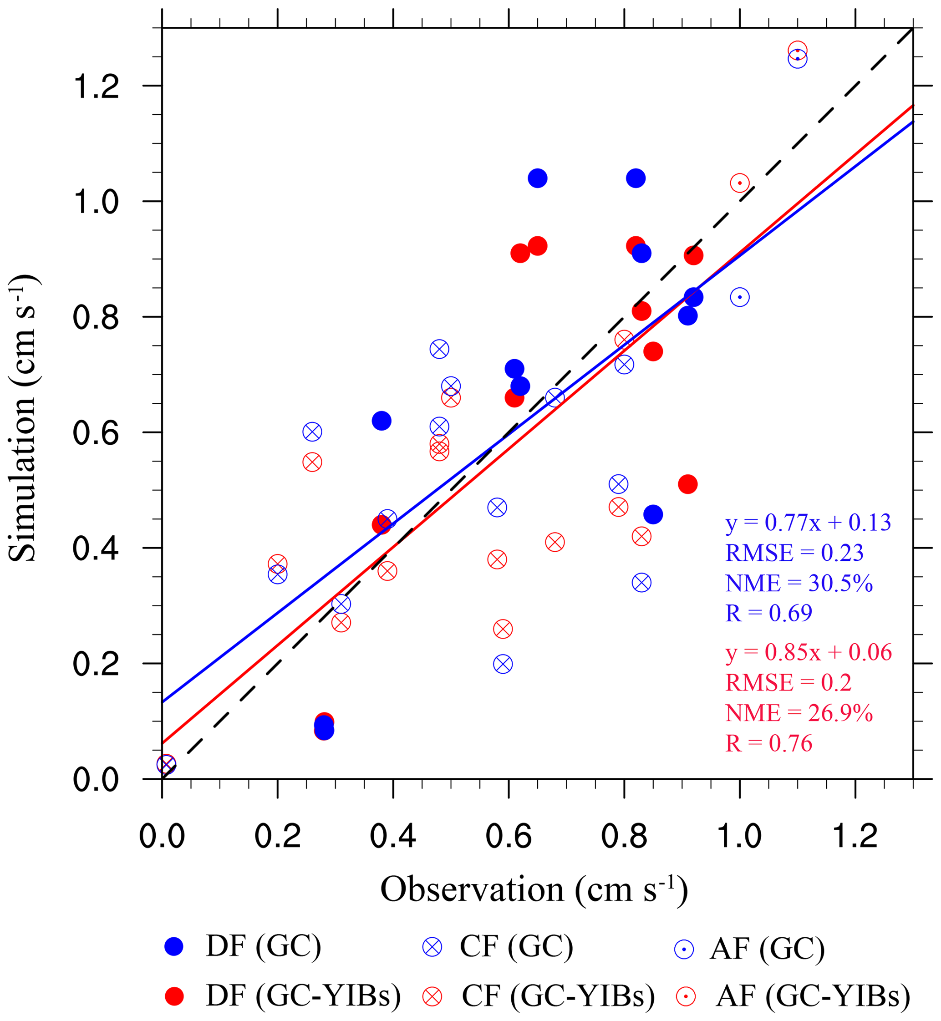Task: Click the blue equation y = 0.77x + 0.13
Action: [x=808, y=523]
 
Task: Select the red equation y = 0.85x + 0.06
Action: [x=808, y=653]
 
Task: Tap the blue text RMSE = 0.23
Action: [x=794, y=553]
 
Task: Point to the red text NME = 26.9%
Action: [x=799, y=713]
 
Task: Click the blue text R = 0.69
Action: [x=768, y=613]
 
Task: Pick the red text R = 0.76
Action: [x=768, y=743]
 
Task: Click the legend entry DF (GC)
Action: [x=243, y=947]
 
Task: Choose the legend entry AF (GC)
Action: [x=749, y=949]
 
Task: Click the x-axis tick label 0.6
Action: [x=508, y=836]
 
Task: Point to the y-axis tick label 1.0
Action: [x=96, y=202]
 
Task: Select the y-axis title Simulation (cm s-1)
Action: [x=23, y=417]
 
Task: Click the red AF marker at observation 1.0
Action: [x=739, y=183]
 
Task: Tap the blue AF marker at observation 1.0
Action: [x=739, y=297]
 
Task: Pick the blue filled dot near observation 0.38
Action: [x=381, y=421]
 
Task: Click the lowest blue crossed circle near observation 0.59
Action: [x=503, y=665]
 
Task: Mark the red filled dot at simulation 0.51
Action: [x=687, y=484]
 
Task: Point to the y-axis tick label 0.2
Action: [x=96, y=664]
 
